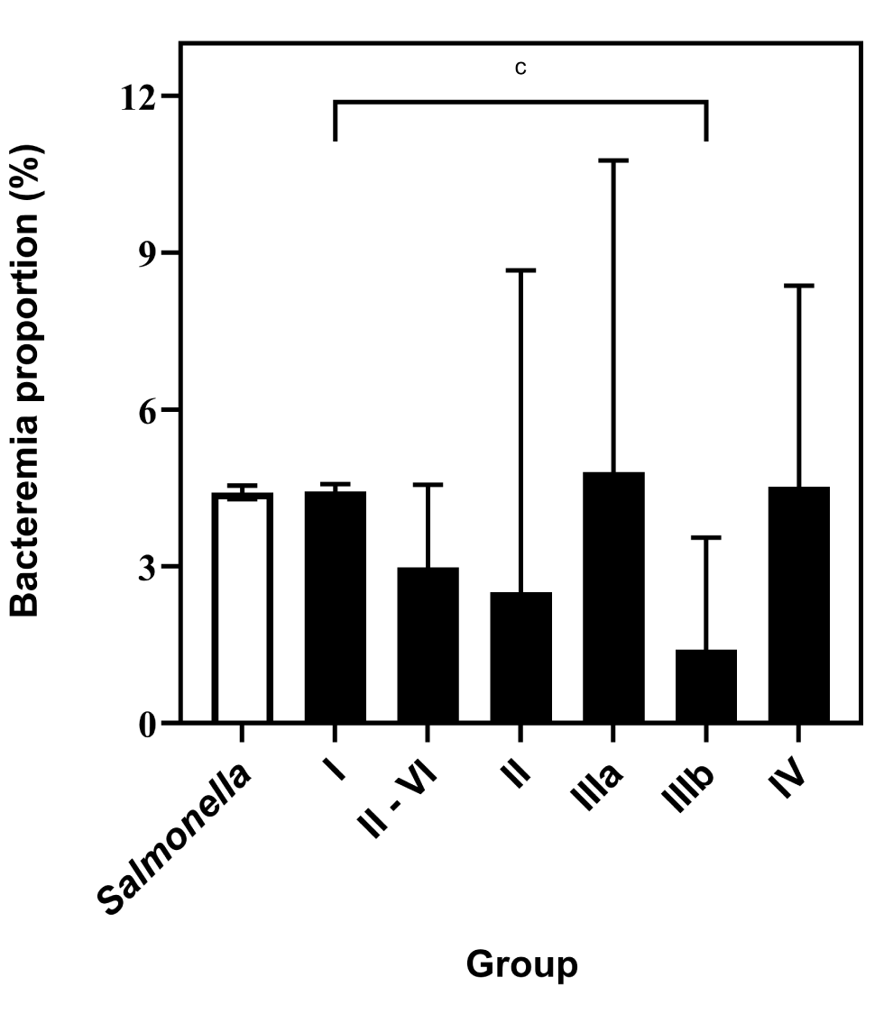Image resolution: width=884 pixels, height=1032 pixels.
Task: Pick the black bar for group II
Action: (x=520, y=657)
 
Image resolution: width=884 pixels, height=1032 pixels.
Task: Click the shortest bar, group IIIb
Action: (x=706, y=686)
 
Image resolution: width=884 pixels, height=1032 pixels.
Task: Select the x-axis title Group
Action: (x=521, y=964)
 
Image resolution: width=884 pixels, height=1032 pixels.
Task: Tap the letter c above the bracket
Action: (x=520, y=68)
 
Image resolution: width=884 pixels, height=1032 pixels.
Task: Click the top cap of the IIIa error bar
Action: (x=613, y=160)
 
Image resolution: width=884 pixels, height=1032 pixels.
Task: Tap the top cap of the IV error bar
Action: (x=799, y=286)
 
